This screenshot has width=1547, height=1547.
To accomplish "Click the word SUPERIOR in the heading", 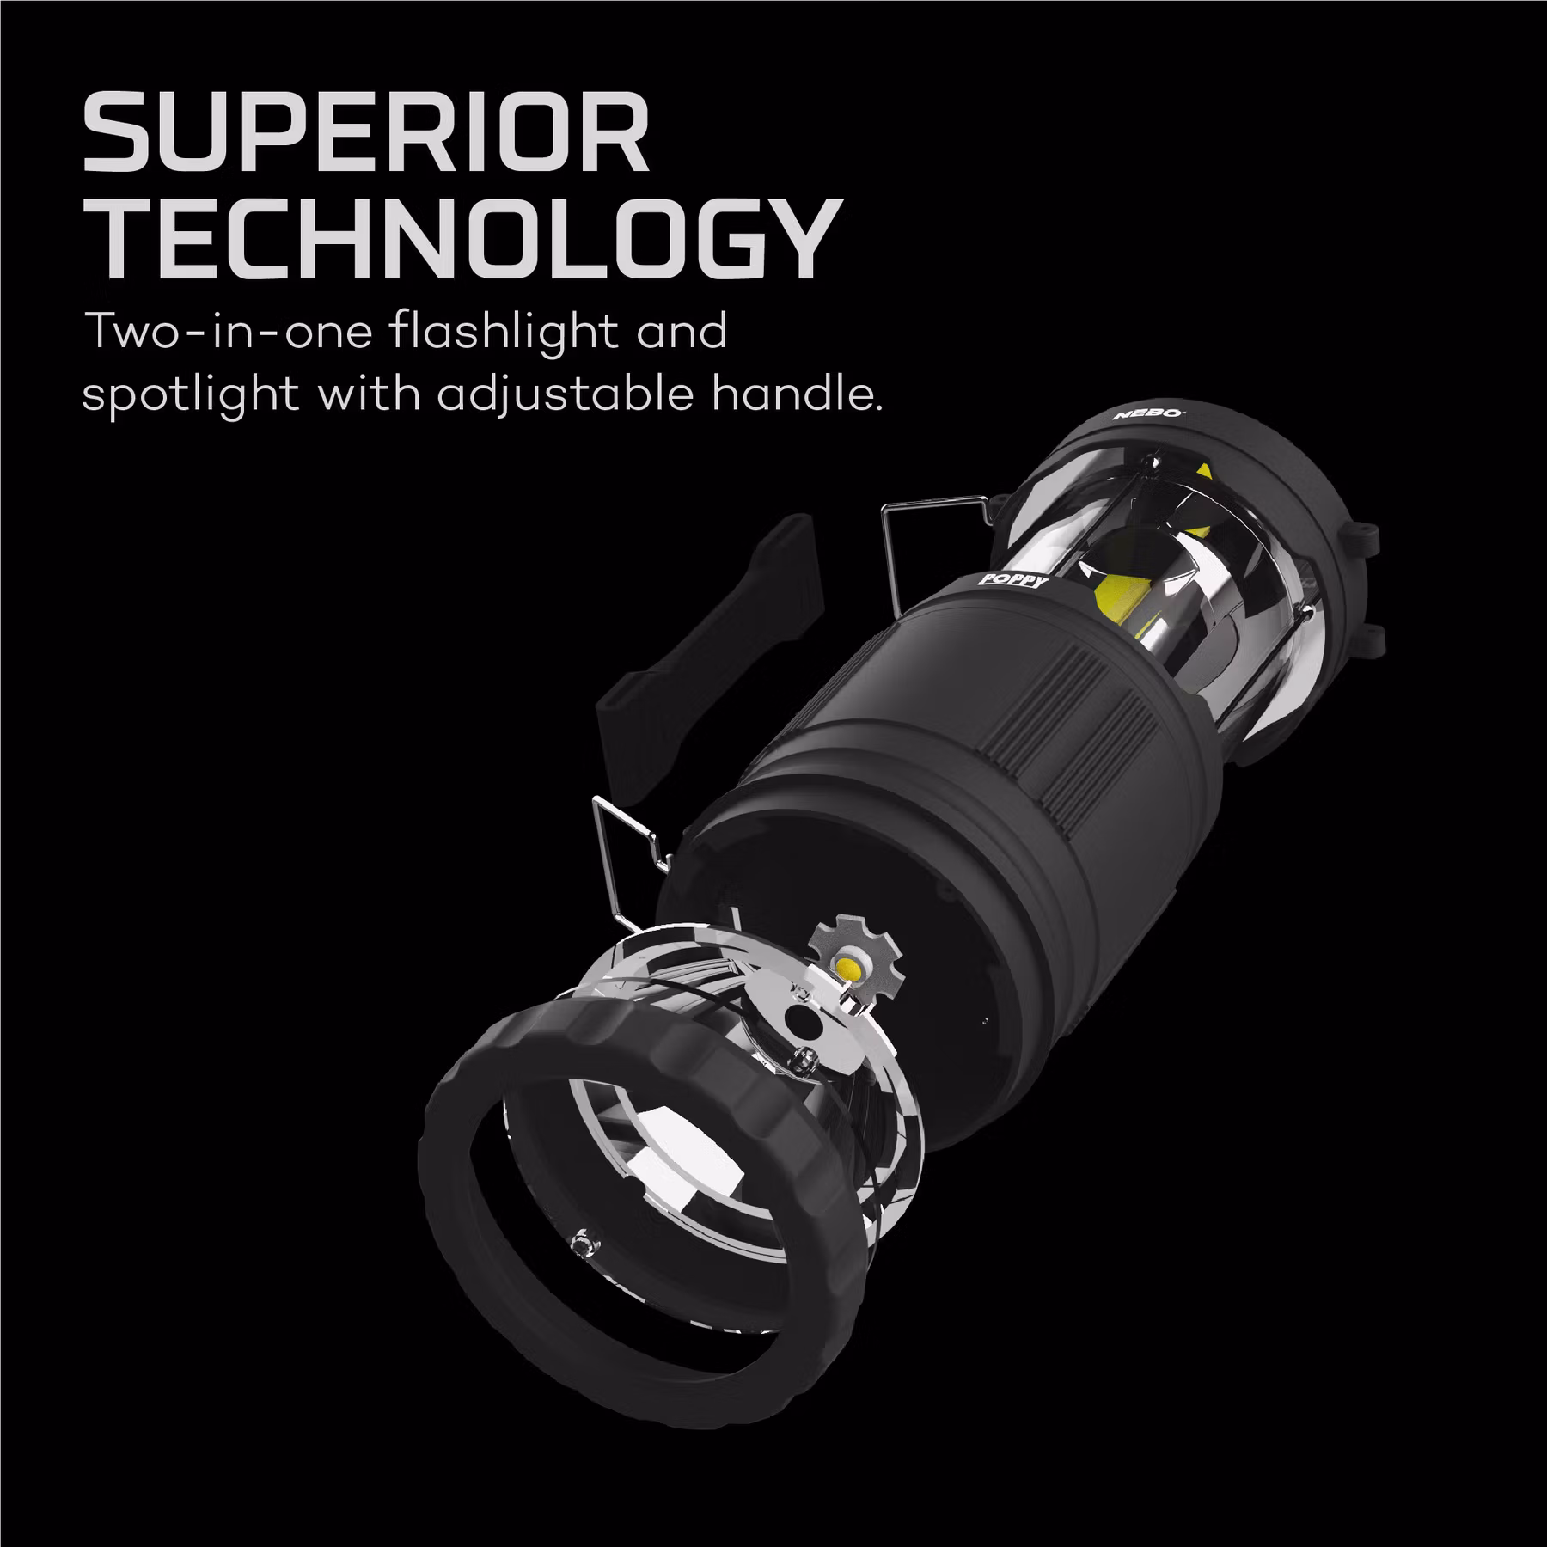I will pyautogui.click(x=365, y=138).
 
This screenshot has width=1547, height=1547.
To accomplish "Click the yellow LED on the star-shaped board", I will pyautogui.click(x=853, y=966).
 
